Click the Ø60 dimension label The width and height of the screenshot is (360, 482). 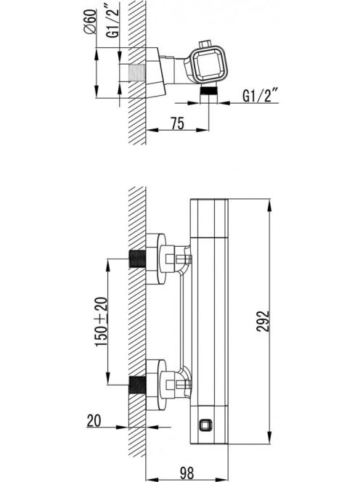pos(90,22)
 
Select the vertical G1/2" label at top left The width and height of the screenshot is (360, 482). pos(112,20)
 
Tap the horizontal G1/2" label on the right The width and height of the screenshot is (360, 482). pos(260,95)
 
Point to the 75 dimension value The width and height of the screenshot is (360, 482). pos(178,123)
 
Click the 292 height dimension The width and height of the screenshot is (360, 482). pos(263,322)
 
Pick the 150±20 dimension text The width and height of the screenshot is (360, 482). pos(102,322)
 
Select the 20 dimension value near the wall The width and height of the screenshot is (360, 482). pos(94,420)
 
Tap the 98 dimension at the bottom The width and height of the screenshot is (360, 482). pos(187,473)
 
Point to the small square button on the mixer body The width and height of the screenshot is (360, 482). pos(205,425)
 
